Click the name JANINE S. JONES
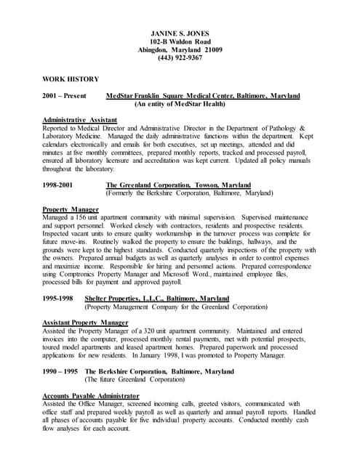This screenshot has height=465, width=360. click(180, 34)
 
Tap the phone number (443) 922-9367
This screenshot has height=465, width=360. click(180, 58)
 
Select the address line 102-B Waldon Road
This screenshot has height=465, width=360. click(180, 42)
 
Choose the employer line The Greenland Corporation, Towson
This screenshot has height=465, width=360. click(168, 185)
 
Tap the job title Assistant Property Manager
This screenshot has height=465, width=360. click(85, 321)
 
